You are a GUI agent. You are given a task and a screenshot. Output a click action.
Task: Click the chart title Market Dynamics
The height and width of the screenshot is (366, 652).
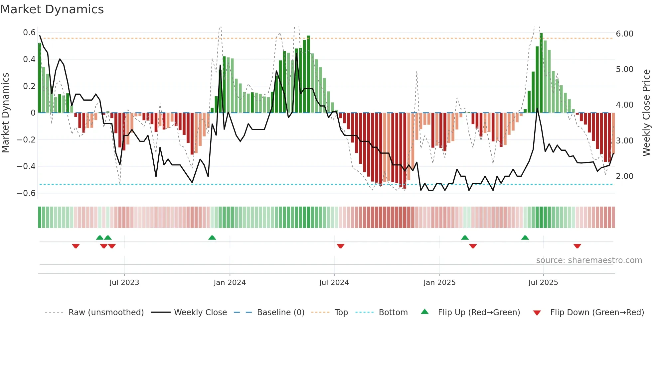click(x=52, y=9)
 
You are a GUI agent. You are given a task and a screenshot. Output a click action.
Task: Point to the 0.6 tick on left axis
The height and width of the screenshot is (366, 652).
click(x=29, y=33)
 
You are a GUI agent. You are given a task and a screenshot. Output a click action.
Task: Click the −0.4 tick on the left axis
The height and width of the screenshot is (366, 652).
click(x=26, y=166)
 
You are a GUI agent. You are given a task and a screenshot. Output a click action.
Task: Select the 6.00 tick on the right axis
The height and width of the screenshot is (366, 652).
click(x=624, y=34)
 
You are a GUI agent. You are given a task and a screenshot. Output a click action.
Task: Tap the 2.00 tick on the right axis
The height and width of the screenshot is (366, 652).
click(x=624, y=176)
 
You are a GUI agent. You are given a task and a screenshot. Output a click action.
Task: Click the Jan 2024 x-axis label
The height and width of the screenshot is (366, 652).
click(x=230, y=283)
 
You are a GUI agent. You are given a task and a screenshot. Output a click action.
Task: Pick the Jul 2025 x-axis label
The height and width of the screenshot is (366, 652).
click(x=543, y=283)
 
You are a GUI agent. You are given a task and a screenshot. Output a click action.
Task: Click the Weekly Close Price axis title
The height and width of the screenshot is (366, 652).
click(x=646, y=113)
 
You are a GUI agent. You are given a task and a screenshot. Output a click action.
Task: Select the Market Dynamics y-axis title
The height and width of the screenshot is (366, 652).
click(x=6, y=113)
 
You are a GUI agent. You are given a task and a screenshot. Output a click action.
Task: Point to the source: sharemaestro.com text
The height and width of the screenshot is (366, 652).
click(x=589, y=260)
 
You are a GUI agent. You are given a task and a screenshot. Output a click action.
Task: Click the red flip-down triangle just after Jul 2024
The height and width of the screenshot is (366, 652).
click(x=340, y=246)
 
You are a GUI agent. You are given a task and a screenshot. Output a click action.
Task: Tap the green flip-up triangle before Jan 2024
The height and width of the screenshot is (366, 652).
click(x=212, y=237)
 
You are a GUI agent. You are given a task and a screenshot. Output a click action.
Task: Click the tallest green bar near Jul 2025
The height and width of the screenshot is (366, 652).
click(x=541, y=73)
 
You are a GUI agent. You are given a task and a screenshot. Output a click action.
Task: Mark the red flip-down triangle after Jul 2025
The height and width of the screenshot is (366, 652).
click(x=577, y=246)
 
